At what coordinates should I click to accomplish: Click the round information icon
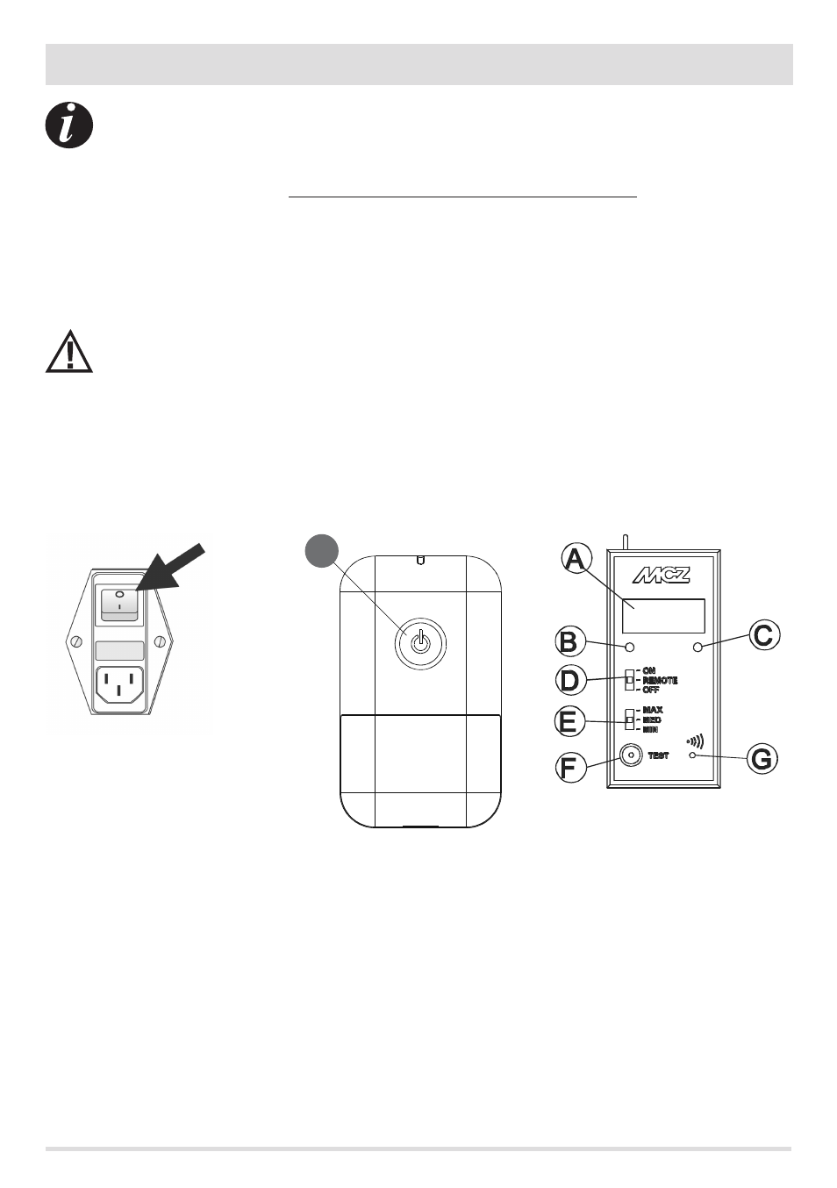[x=69, y=125]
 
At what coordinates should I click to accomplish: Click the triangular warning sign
[x=69, y=353]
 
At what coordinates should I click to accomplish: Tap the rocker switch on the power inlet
[x=118, y=604]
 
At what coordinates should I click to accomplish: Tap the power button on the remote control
[x=421, y=643]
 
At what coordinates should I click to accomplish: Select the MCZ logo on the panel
[x=662, y=576]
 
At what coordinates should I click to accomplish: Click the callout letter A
[x=576, y=558]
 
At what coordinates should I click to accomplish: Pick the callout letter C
[x=763, y=634]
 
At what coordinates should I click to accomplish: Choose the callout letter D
[x=571, y=680]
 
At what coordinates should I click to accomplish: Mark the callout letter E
[x=570, y=721]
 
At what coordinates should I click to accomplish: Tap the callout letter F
[x=571, y=767]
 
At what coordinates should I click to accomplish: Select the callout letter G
[x=762, y=758]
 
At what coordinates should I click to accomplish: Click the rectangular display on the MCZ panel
[x=663, y=616]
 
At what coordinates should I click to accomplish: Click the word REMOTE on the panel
[x=660, y=681]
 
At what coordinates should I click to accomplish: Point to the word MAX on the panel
[x=653, y=710]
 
